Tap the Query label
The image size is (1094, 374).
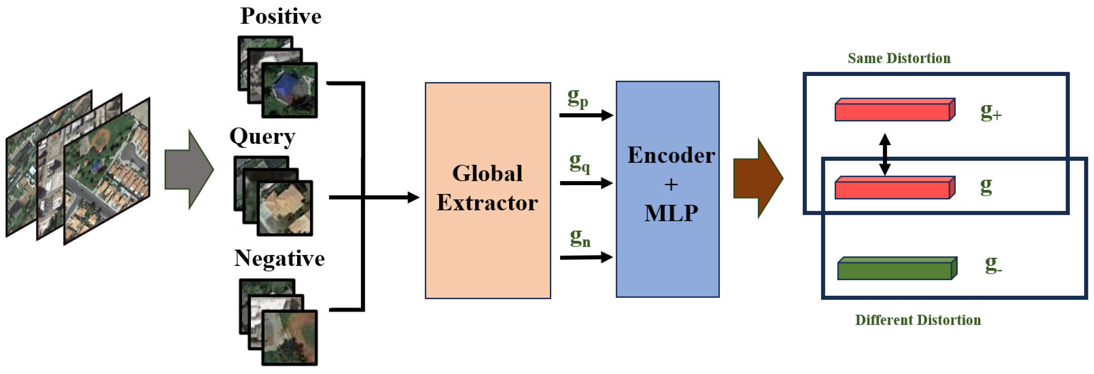(262, 137)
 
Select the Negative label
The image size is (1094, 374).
(279, 258)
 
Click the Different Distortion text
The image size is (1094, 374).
(917, 320)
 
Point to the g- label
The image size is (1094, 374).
(993, 265)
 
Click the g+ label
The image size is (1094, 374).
(990, 112)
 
